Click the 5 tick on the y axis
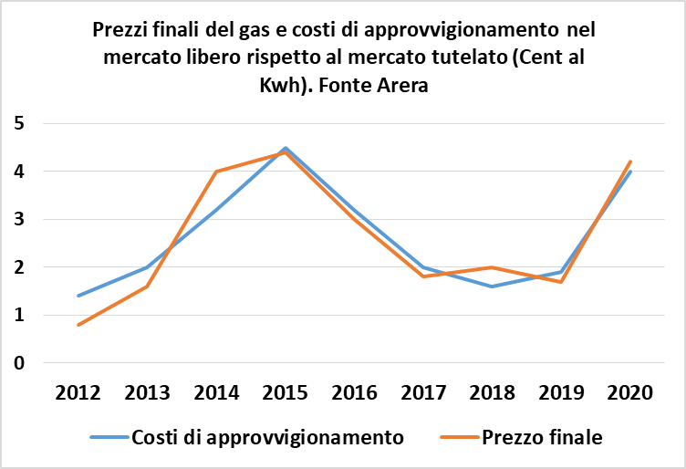click(20, 123)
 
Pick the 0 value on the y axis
click(20, 363)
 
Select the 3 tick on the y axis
click(20, 219)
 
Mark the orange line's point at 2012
click(78, 325)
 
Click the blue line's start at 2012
click(78, 296)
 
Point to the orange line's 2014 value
click(216, 172)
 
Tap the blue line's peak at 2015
click(285, 148)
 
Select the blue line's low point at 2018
click(492, 287)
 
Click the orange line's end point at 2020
click(630, 162)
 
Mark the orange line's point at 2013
click(147, 287)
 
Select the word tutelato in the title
click(465, 58)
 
